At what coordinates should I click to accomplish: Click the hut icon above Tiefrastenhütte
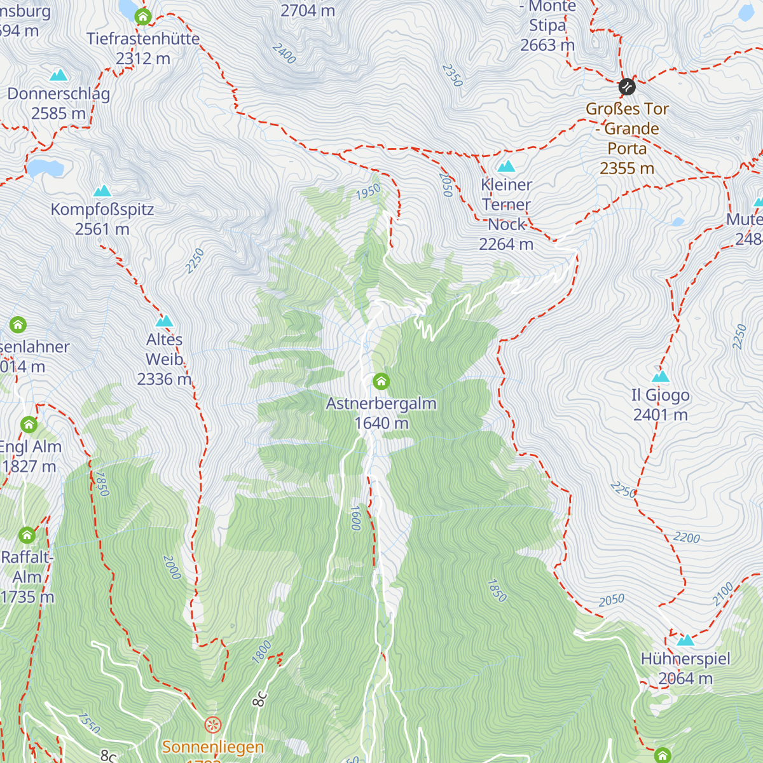(143, 17)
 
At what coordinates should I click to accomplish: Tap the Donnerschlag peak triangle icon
(58, 76)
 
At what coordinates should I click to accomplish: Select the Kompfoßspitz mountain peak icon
(102, 191)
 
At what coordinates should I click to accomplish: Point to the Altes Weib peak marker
(165, 322)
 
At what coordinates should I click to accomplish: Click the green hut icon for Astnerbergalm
(381, 381)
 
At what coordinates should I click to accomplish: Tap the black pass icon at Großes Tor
(627, 86)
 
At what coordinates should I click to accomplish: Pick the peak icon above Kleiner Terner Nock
(506, 167)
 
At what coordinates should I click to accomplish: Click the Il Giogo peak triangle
(661, 377)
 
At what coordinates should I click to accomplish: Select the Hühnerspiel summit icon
(685, 640)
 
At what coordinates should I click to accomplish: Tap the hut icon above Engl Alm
(29, 425)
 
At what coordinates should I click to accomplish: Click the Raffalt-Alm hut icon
(27, 535)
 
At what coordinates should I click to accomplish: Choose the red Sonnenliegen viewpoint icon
(212, 724)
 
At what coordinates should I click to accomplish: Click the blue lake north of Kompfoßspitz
(45, 168)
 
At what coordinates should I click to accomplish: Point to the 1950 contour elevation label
(368, 191)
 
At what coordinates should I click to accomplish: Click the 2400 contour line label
(284, 53)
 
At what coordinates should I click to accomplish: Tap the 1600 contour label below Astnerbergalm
(356, 518)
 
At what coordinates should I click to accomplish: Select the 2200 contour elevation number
(687, 538)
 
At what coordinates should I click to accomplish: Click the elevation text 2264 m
(506, 244)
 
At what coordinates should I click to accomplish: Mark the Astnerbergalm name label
(381, 404)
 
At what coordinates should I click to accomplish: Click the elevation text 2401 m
(661, 415)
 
